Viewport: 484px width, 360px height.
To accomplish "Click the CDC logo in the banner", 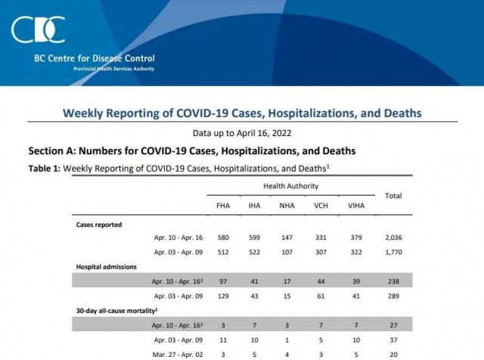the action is (38, 29).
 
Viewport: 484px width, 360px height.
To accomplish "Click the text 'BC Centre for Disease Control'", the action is (95, 58).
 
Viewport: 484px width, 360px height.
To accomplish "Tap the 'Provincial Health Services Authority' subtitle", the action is (113, 69).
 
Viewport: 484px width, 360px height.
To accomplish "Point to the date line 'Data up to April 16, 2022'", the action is (242, 133).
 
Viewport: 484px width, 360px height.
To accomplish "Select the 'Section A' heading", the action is (192, 151).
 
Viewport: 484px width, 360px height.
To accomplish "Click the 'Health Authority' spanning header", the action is (290, 186).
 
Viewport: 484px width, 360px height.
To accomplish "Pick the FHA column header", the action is (223, 206).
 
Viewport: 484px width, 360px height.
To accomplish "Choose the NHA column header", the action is (287, 206).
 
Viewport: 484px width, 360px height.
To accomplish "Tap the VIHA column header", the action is (356, 206).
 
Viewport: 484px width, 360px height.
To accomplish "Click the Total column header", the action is (393, 196).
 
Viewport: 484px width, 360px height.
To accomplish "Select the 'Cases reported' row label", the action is (99, 225).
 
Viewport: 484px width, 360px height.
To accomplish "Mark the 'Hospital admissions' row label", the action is (106, 267).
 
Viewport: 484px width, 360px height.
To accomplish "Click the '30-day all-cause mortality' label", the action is (116, 311).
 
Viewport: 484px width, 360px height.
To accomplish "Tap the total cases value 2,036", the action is (393, 237).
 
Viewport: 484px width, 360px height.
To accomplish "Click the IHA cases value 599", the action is (254, 237).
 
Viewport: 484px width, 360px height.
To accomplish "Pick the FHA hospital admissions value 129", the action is (223, 296).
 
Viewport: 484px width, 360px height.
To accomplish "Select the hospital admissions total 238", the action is (393, 281).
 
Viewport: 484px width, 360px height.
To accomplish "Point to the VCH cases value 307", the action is (321, 253).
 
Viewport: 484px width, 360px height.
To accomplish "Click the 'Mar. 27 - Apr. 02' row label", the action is (178, 355).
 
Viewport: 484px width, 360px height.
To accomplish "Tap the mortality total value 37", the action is (393, 340).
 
